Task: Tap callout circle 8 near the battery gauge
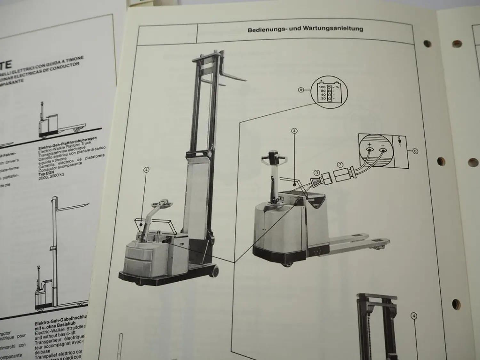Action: pos(300,90)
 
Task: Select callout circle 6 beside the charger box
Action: pos(415,151)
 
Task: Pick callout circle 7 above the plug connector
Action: pos(340,164)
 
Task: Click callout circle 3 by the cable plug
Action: pos(316,173)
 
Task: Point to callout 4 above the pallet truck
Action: pos(295,131)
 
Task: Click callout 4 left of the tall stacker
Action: pos(147,170)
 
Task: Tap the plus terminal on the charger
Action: pos(370,149)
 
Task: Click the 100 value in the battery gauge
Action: pos(322,87)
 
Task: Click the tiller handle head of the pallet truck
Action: pos(272,156)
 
